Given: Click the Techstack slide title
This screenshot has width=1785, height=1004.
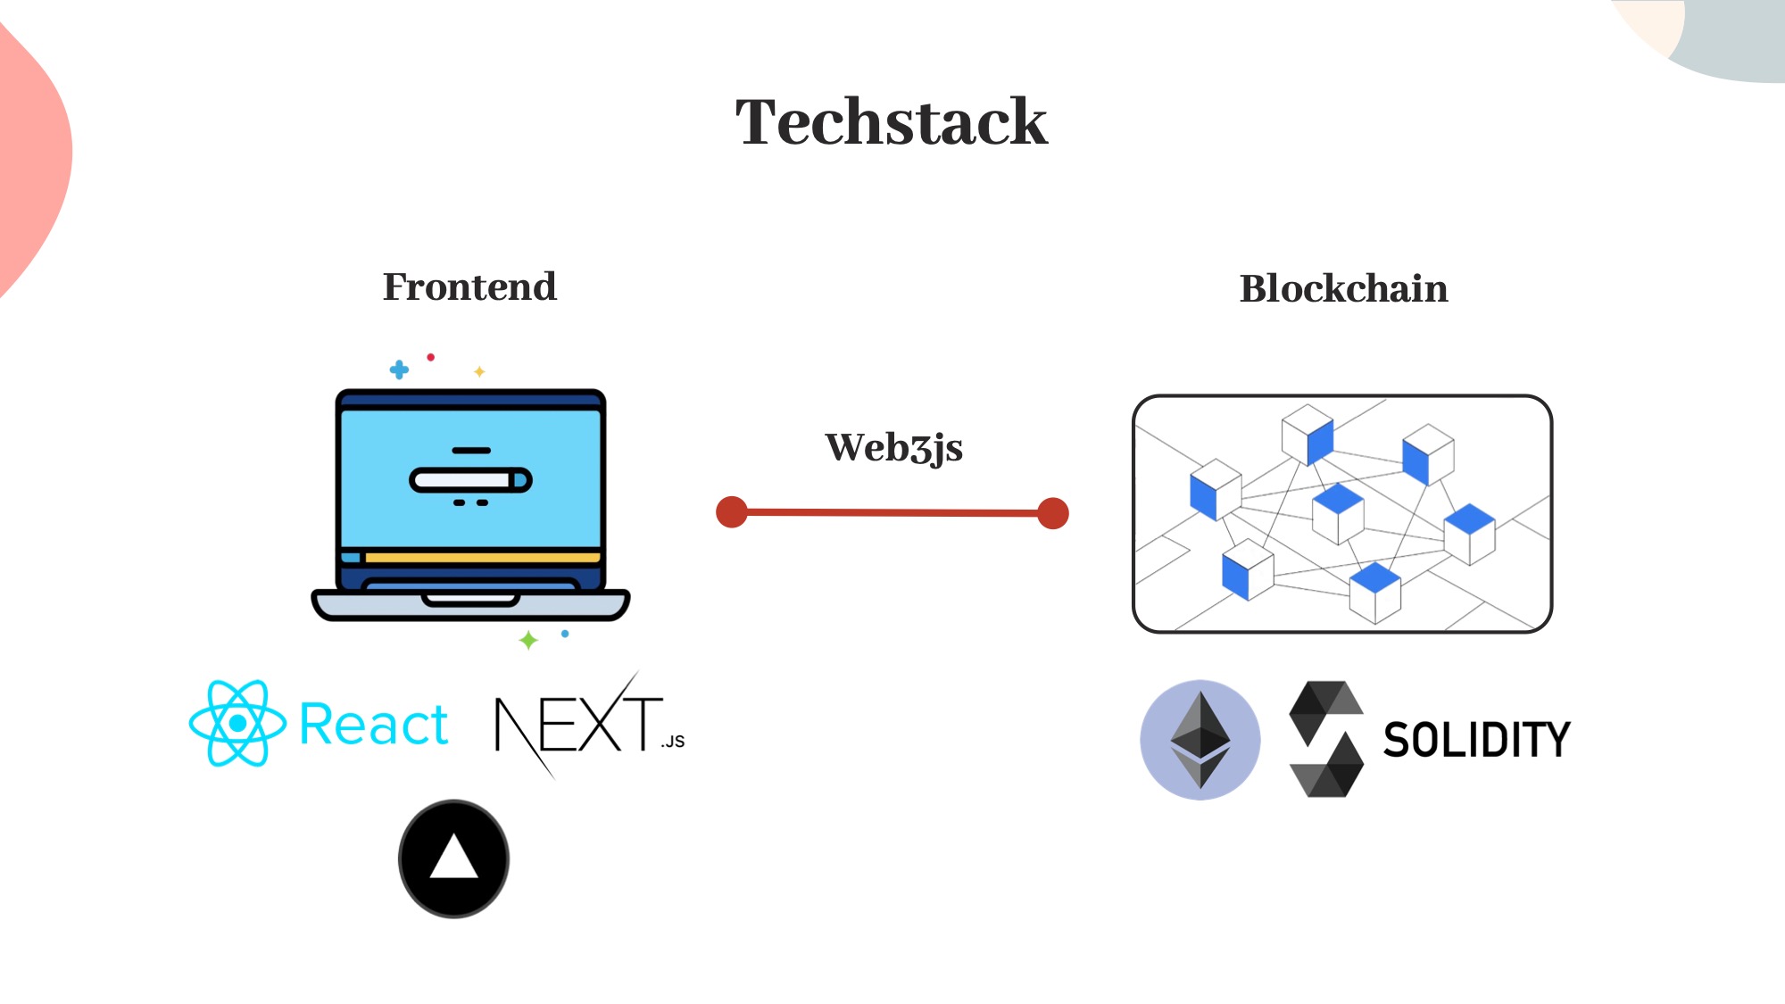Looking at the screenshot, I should (x=891, y=122).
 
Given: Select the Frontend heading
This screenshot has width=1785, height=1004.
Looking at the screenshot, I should (x=469, y=287).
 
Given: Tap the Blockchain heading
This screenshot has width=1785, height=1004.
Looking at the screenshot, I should (x=1343, y=289).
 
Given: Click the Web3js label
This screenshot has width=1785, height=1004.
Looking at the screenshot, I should (x=893, y=448).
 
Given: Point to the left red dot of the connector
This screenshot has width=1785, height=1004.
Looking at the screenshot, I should (x=732, y=512).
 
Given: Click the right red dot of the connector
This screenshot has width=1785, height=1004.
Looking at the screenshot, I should (x=1053, y=513).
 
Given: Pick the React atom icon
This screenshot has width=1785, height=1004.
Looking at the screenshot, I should (x=237, y=723).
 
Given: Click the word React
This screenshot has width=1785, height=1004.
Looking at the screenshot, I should (x=374, y=724).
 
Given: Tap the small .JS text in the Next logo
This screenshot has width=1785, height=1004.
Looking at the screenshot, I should (x=674, y=742).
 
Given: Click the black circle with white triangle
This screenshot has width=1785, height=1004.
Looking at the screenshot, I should (x=453, y=859).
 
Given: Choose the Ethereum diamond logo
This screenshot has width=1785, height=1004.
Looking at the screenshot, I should (x=1200, y=740).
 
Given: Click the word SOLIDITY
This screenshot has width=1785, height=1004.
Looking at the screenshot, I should (x=1476, y=741).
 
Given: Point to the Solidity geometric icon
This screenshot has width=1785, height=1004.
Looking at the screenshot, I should (x=1326, y=739).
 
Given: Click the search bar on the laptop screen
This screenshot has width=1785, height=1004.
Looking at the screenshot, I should (x=470, y=480).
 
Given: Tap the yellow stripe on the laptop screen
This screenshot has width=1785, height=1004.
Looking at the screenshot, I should (x=482, y=558).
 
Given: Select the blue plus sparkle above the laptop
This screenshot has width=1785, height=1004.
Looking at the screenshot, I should (x=399, y=369).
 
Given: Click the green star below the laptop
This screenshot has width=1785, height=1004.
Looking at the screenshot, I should (x=528, y=640).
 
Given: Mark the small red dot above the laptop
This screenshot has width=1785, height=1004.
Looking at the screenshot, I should (x=430, y=357).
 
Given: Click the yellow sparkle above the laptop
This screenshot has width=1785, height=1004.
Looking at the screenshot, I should (x=479, y=371).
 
